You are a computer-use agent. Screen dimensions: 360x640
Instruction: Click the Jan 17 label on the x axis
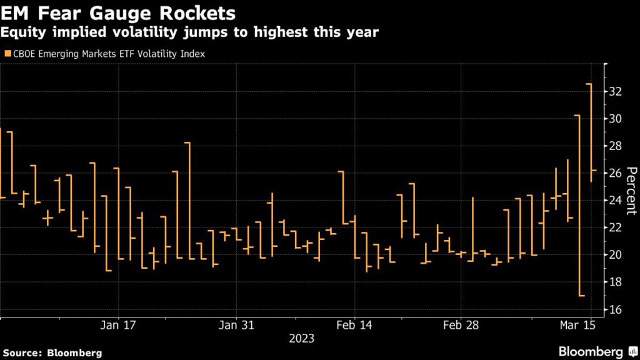[117, 326]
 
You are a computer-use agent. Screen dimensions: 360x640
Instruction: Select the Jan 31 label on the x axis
[236, 326]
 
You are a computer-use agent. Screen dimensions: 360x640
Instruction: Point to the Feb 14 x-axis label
[354, 326]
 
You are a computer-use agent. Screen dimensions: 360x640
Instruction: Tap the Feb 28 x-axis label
[461, 326]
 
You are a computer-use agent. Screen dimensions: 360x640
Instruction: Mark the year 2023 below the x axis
[301, 339]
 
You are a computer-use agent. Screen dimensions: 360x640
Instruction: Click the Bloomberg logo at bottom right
[594, 351]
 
